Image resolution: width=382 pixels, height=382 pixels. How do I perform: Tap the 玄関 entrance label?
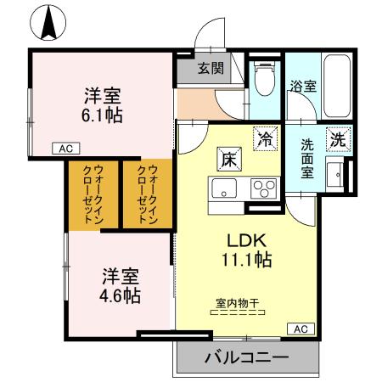click(211, 69)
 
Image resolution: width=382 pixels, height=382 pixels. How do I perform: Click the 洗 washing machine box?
click(338, 138)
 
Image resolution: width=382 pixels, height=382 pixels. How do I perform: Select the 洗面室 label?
click(306, 157)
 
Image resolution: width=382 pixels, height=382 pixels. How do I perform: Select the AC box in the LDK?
click(300, 328)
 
